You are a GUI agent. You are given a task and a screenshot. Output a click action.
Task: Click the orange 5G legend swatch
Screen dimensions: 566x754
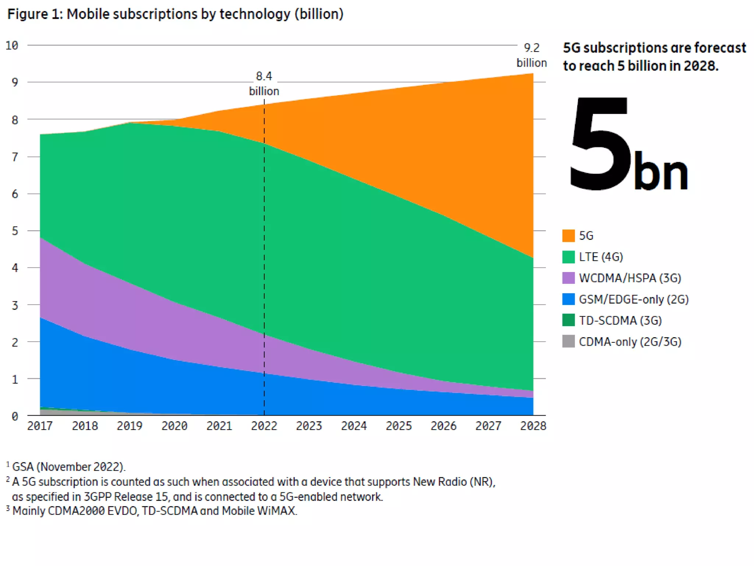pyautogui.click(x=568, y=235)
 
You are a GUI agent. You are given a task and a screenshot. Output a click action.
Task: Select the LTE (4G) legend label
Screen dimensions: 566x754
pyautogui.click(x=600, y=257)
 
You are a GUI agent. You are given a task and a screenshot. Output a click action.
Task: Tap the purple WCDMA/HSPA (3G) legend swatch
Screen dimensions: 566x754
pyautogui.click(x=568, y=278)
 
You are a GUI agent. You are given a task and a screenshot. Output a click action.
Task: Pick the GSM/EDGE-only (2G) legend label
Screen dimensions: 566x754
pyautogui.click(x=633, y=299)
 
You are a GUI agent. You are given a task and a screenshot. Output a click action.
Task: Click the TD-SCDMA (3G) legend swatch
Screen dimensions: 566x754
pyautogui.click(x=568, y=320)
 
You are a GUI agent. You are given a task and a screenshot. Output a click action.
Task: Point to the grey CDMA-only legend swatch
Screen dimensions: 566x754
pyautogui.click(x=568, y=341)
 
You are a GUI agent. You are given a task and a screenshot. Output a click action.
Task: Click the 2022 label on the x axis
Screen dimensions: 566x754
pyautogui.click(x=264, y=426)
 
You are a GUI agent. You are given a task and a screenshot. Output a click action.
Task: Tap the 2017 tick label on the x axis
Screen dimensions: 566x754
pyautogui.click(x=40, y=426)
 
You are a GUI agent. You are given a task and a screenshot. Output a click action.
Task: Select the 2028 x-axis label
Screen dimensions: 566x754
pyautogui.click(x=533, y=426)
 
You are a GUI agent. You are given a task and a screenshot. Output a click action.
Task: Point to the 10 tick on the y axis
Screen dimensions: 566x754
pyautogui.click(x=12, y=45)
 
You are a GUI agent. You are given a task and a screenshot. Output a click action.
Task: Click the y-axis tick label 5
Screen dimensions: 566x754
pyautogui.click(x=15, y=231)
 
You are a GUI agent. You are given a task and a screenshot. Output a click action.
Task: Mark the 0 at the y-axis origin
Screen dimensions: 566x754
pyautogui.click(x=15, y=416)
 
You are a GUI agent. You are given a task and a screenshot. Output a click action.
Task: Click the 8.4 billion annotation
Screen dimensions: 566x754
pyautogui.click(x=264, y=84)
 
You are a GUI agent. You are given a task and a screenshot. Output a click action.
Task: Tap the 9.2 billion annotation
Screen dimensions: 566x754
pyautogui.click(x=531, y=55)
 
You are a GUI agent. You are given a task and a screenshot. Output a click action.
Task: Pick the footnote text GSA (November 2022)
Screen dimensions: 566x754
pyautogui.click(x=68, y=467)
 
